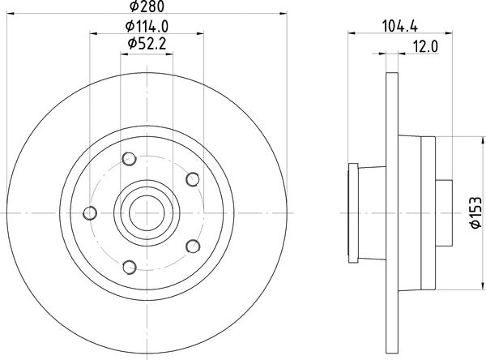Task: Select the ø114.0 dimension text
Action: pos(147,28)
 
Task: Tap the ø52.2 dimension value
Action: pos(147,49)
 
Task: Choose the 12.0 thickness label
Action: pos(424,49)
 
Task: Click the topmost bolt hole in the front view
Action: pos(126,160)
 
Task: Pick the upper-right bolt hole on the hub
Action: pos(192,179)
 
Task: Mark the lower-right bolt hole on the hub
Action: pos(192,245)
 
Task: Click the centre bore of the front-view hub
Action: pos(147,212)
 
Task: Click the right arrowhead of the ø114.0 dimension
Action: pos(200,34)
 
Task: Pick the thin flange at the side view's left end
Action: pos(352,212)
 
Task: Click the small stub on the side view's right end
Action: pos(445,212)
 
